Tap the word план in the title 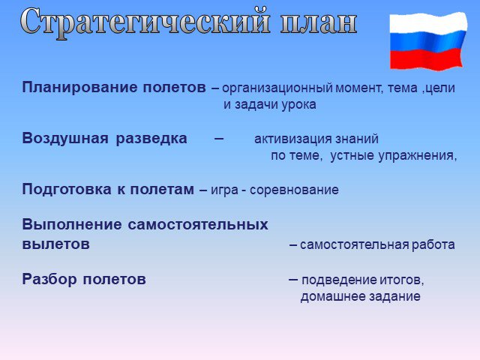click(x=319, y=23)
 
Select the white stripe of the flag click(x=428, y=23)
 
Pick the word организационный click(x=277, y=88)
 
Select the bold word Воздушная click(x=65, y=139)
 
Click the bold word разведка click(x=151, y=139)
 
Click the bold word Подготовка click(x=67, y=190)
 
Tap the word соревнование click(x=294, y=190)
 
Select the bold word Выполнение click(x=72, y=225)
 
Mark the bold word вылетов click(x=56, y=244)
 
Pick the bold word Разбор click(x=49, y=280)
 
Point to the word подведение click(x=339, y=280)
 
